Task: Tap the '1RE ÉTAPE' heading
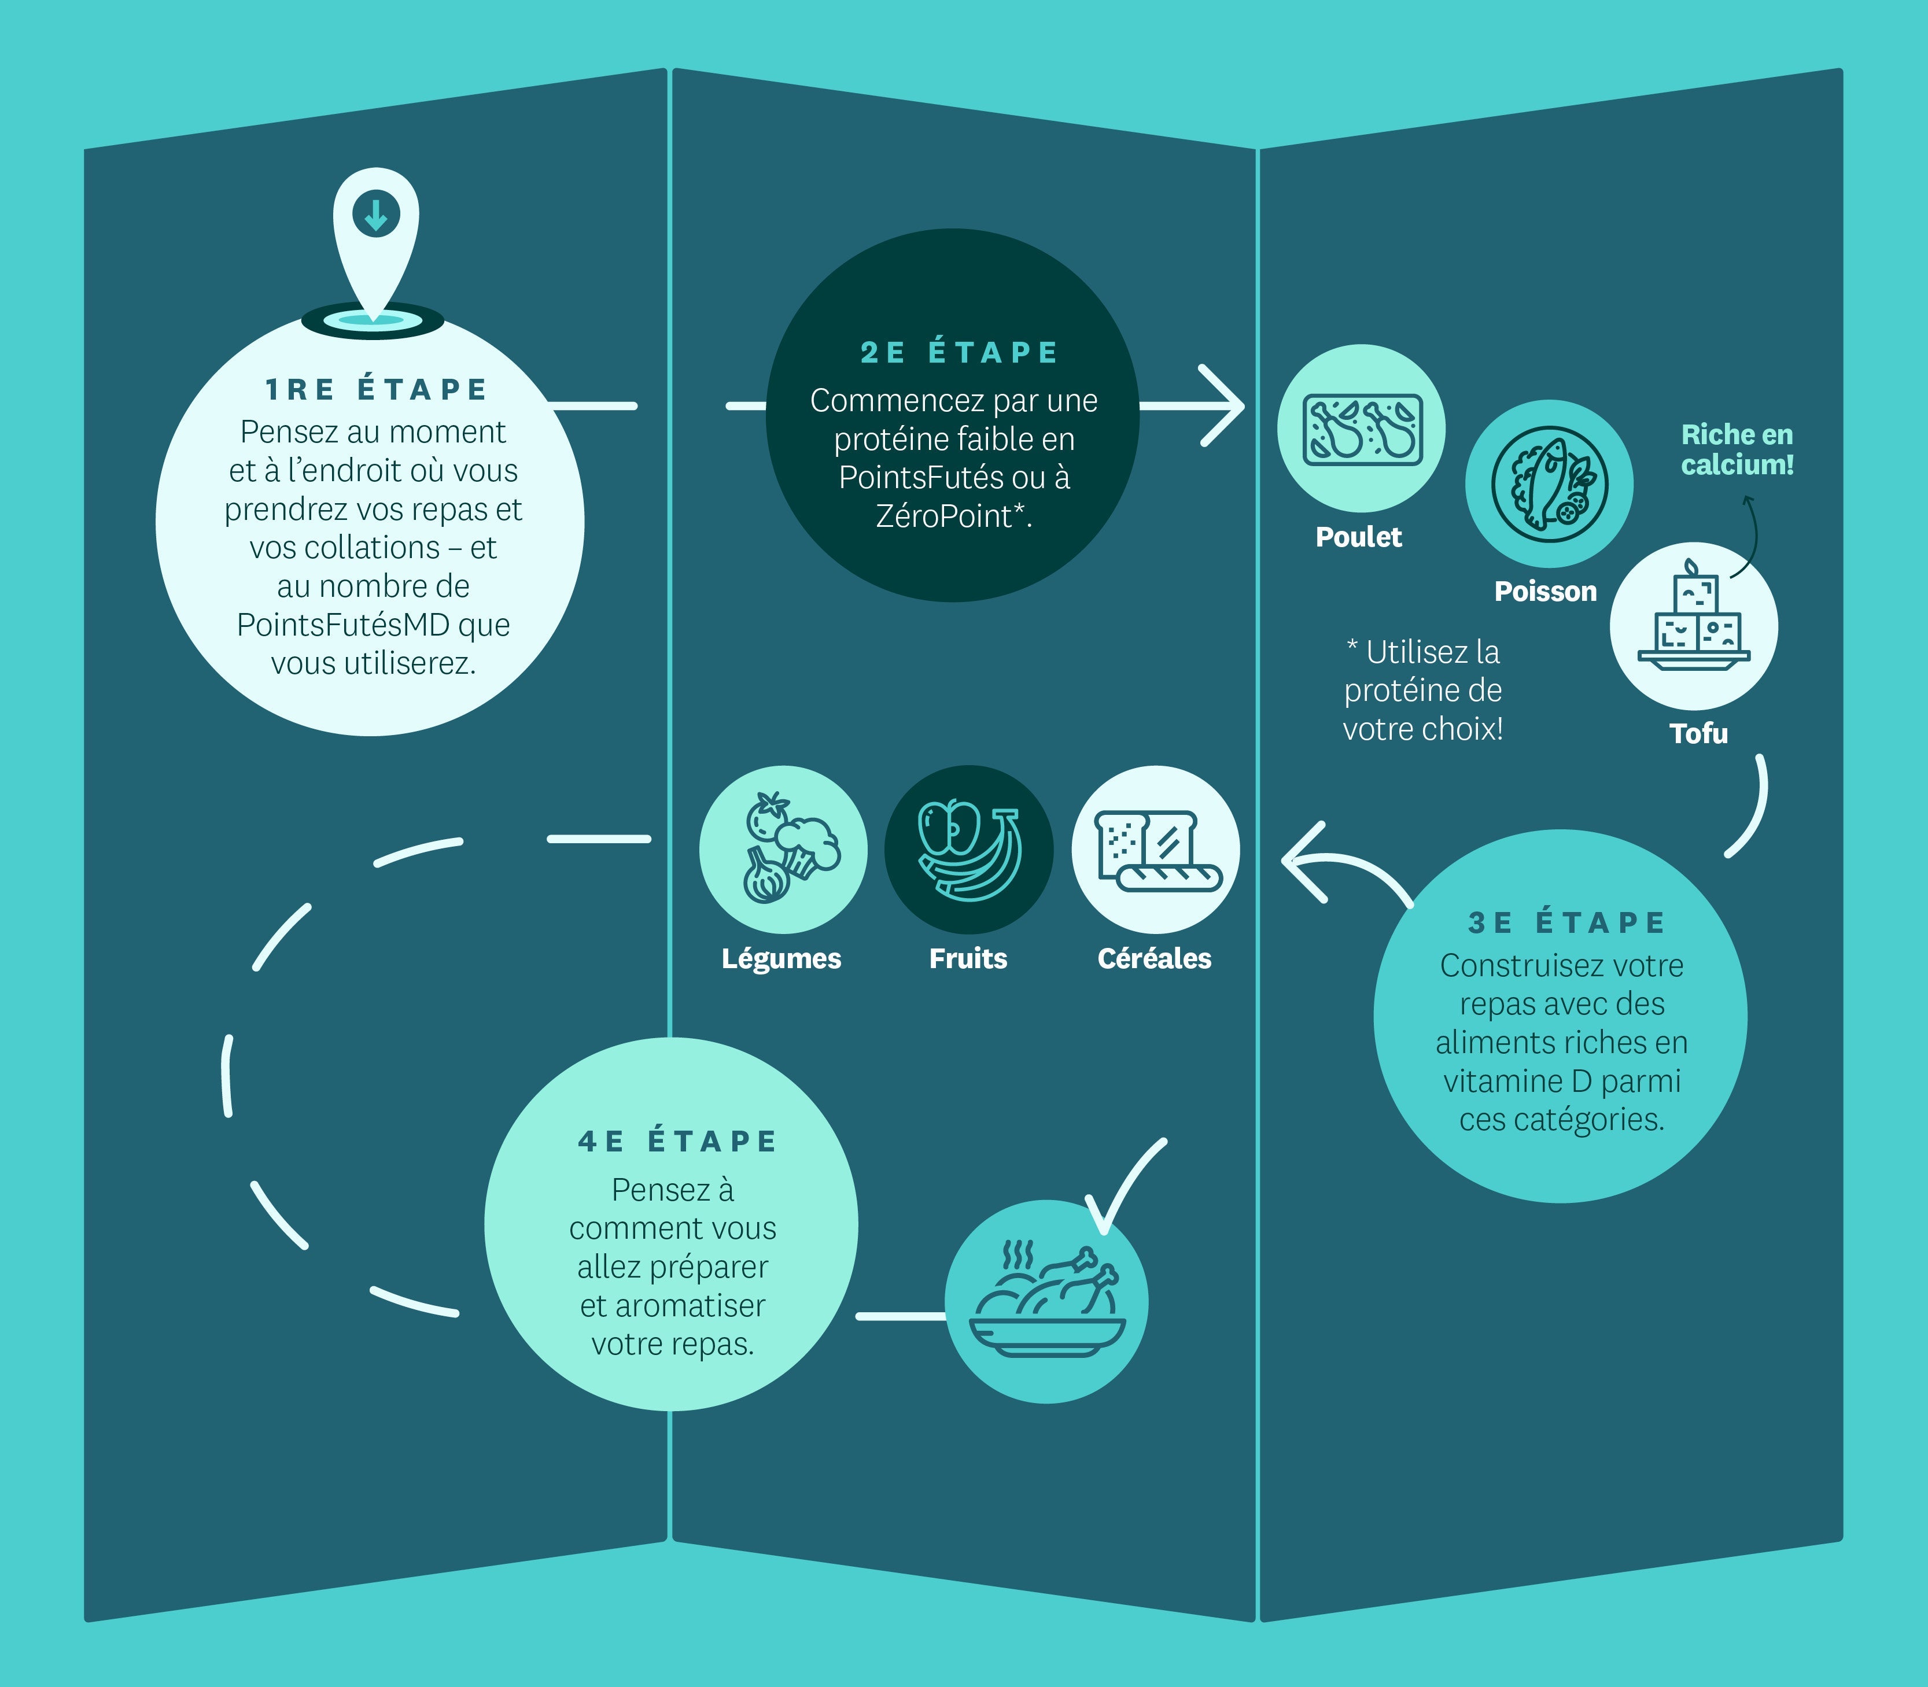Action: (375, 389)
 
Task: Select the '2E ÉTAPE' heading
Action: (959, 352)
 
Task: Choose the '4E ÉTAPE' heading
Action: (677, 1141)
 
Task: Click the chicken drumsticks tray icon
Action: (1361, 429)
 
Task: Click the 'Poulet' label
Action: (1358, 537)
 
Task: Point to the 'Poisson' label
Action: (1546, 591)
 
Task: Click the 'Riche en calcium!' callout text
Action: (1738, 449)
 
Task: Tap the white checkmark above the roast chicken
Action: (1125, 1186)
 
